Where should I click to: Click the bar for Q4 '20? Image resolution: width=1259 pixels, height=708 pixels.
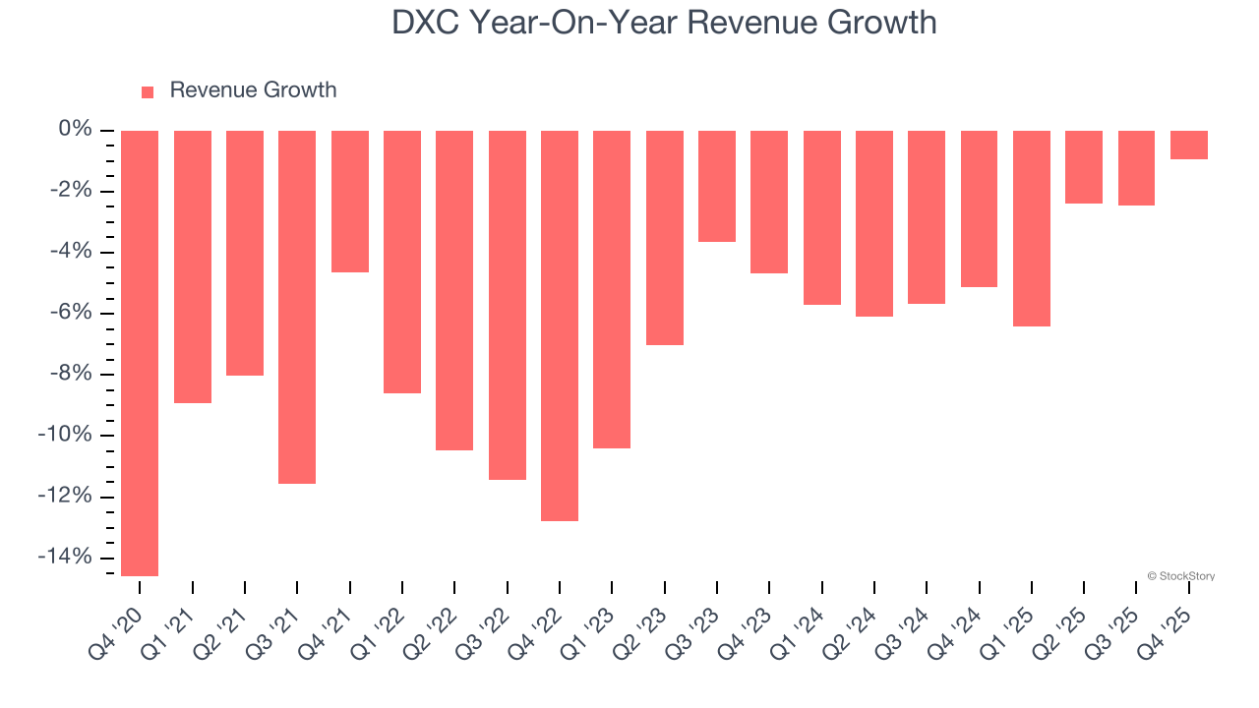(140, 352)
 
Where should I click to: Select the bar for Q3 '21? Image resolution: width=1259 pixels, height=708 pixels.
(297, 306)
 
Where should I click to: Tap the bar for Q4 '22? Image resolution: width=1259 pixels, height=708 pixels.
(560, 324)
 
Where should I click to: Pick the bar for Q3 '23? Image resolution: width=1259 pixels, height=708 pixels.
(717, 186)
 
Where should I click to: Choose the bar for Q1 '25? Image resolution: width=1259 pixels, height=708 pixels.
(1032, 228)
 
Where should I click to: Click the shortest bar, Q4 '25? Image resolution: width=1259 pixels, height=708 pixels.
(1189, 145)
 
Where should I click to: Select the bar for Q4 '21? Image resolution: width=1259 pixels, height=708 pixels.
(350, 201)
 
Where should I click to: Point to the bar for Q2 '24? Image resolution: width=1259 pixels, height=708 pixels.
(874, 223)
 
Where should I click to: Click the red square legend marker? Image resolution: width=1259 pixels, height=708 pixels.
(148, 91)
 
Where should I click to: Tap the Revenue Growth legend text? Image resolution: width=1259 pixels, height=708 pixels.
(253, 90)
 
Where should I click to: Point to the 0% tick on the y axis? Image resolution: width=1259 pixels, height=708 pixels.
(75, 130)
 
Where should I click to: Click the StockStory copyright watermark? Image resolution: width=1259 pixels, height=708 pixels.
(1180, 576)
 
